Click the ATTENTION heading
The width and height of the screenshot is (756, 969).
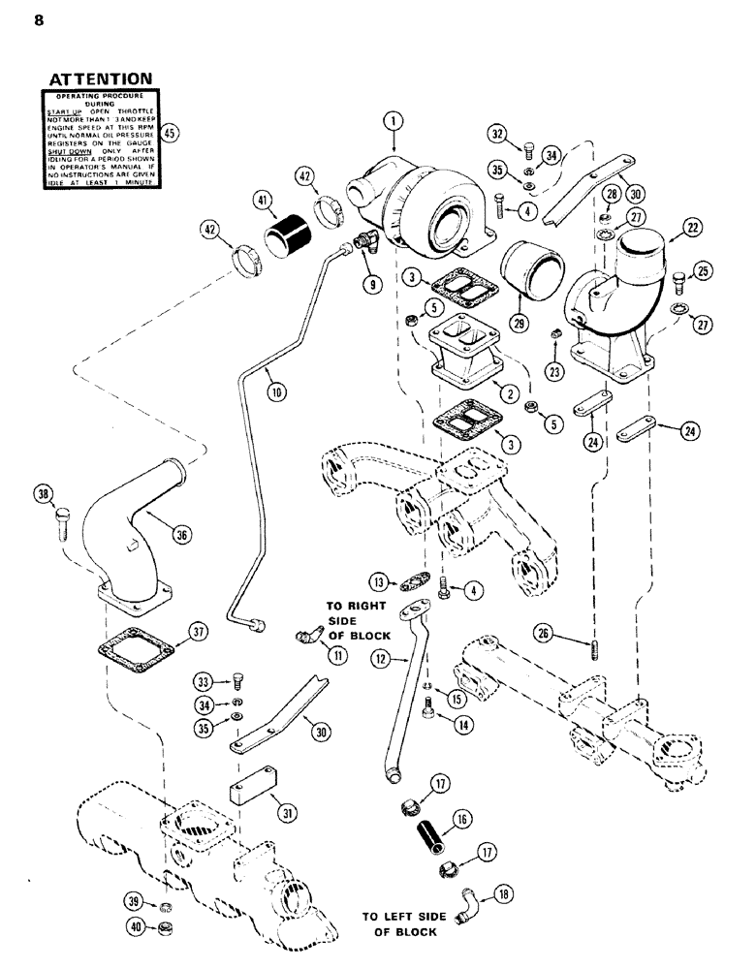99,78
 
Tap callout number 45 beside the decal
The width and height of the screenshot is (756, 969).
170,134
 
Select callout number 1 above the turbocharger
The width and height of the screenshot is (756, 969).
392,121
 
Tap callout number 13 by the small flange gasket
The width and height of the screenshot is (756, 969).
379,581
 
